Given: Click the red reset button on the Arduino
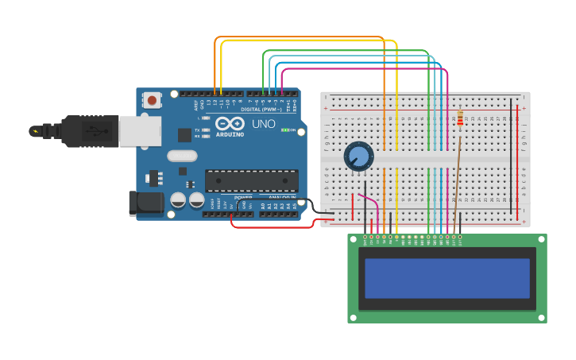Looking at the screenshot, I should click(x=151, y=100).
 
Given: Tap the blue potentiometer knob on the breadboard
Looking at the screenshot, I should click(x=359, y=157).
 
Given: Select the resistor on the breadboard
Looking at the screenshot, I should click(x=461, y=119).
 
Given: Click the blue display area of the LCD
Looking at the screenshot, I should click(x=446, y=278).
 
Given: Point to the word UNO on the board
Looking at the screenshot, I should click(x=264, y=125).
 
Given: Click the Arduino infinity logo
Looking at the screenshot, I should click(x=230, y=124).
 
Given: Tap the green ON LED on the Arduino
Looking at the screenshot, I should click(x=284, y=130).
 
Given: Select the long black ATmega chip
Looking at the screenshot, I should click(x=251, y=180).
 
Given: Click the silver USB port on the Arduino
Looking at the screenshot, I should click(x=140, y=131).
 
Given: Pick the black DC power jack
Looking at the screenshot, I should click(x=146, y=203).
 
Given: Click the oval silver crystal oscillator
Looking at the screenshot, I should click(x=182, y=156).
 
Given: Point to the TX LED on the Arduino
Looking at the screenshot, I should click(x=207, y=130).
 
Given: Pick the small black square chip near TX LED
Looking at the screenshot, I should click(x=184, y=135).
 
